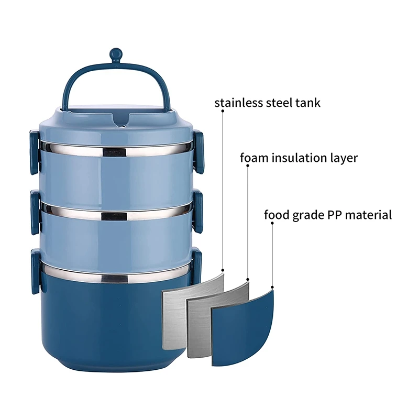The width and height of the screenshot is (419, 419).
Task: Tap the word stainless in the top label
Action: tap(241, 103)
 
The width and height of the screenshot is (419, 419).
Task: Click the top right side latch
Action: tap(199, 152)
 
